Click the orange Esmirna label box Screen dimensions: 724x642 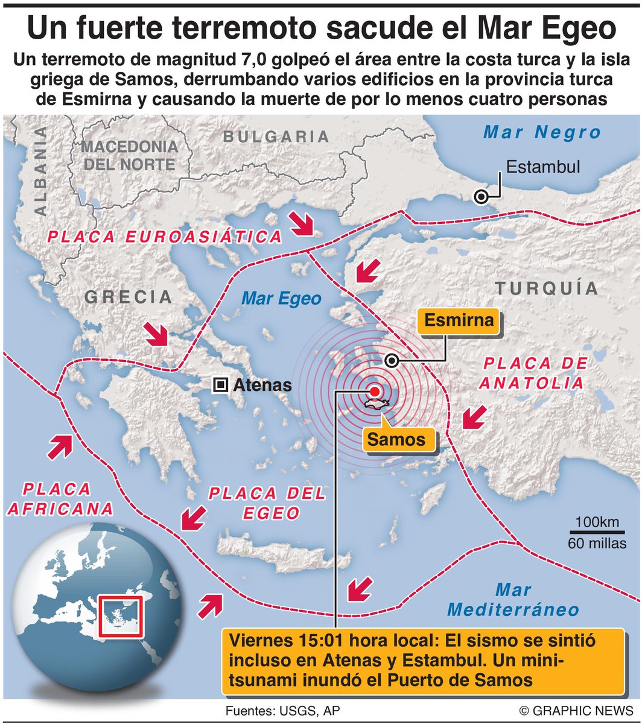tap(459, 320)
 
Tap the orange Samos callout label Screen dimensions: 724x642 tap(396, 439)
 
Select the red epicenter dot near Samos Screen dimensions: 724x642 tap(375, 391)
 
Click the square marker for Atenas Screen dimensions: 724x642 tap(221, 384)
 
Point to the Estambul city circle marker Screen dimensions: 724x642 tap(481, 197)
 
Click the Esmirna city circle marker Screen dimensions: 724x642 tap(392, 361)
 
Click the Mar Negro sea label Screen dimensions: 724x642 tap(543, 132)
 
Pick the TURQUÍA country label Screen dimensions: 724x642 tap(547, 288)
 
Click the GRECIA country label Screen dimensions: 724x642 tap(129, 296)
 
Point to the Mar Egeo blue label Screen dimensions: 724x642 tap(281, 299)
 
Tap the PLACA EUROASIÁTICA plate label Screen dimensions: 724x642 tap(165, 237)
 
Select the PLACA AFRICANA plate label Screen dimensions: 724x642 tap(59, 498)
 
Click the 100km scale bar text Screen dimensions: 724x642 tap(597, 522)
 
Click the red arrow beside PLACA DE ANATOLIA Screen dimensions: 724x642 tap(473, 418)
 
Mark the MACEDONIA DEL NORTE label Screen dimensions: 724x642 tap(130, 155)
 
